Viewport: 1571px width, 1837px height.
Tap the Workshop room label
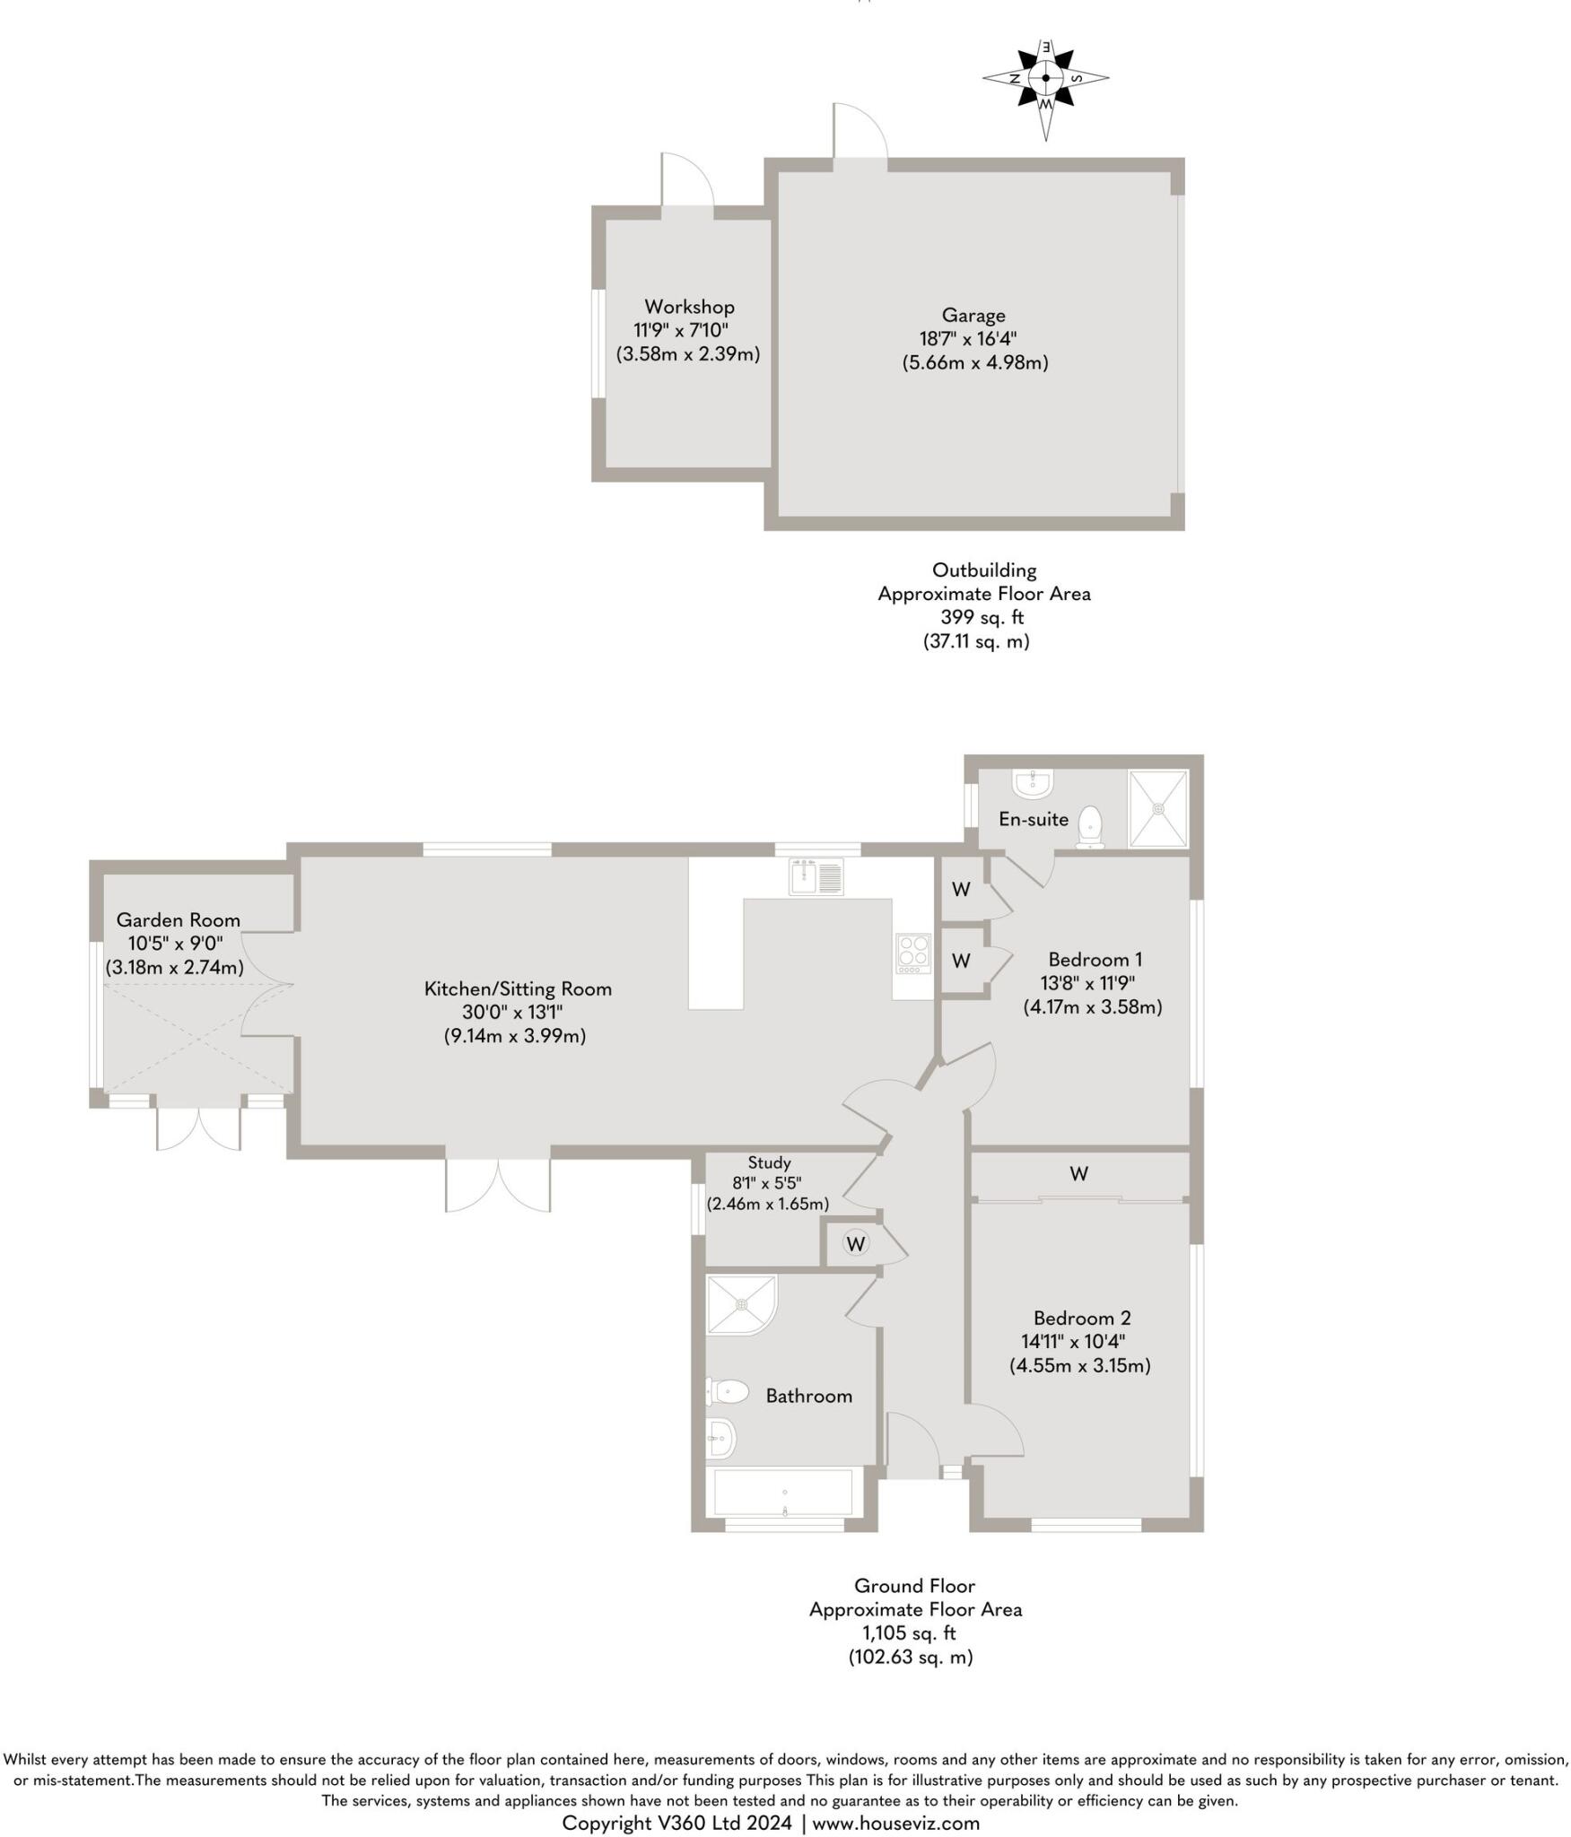pyautogui.click(x=689, y=307)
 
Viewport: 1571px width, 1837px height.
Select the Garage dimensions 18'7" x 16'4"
pyautogui.click(x=973, y=339)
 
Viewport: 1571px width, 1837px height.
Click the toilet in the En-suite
pyautogui.click(x=1089, y=826)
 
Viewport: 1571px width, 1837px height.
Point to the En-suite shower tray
pyautogui.click(x=1158, y=807)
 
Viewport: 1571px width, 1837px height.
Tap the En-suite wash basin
pyautogui.click(x=1032, y=783)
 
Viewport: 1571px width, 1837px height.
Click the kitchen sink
pyautogui.click(x=815, y=876)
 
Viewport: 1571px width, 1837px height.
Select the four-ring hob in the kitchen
pyautogui.click(x=913, y=954)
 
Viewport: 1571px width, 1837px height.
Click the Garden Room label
pyautogui.click(x=179, y=919)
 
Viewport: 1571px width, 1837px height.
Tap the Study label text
pyautogui.click(x=769, y=1162)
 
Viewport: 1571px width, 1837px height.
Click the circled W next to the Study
pyautogui.click(x=856, y=1243)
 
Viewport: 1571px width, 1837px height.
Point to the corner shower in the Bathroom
pyautogui.click(x=738, y=1303)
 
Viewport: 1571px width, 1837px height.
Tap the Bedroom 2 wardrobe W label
pyautogui.click(x=1078, y=1173)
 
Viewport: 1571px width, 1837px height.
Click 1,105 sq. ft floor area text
pyautogui.click(x=914, y=1633)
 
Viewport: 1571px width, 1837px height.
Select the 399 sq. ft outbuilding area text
pyautogui.click(x=982, y=617)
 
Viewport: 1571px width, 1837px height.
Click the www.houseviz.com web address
pyautogui.click(x=895, y=1823)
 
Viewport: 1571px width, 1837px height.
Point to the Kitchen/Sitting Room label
pyautogui.click(x=518, y=988)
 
